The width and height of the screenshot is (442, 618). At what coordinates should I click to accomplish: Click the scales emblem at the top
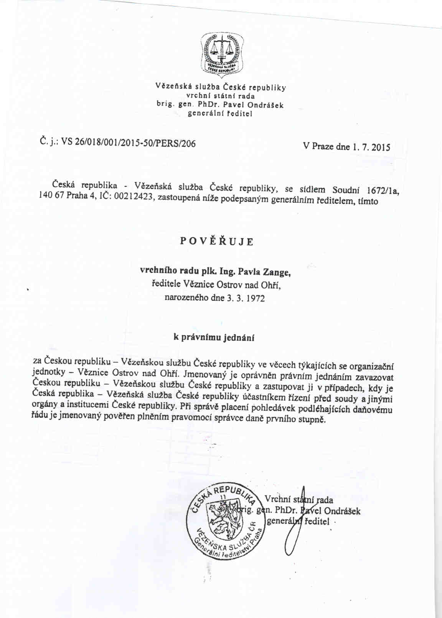222,54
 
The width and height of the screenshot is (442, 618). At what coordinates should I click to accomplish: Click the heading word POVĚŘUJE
217,242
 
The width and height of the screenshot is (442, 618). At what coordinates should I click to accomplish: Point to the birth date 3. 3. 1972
246,298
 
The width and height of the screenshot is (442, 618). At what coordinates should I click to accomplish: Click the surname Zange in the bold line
276,272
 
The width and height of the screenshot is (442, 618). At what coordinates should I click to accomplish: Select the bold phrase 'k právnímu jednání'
214,338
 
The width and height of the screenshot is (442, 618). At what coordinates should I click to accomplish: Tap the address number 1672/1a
383,191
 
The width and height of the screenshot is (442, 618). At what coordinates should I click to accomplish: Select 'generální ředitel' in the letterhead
220,114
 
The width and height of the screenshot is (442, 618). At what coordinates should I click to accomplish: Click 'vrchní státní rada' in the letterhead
220,96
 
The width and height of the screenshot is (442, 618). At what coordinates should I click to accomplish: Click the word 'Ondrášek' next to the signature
342,511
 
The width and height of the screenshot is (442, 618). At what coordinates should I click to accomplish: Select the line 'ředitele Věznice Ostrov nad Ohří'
216,285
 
